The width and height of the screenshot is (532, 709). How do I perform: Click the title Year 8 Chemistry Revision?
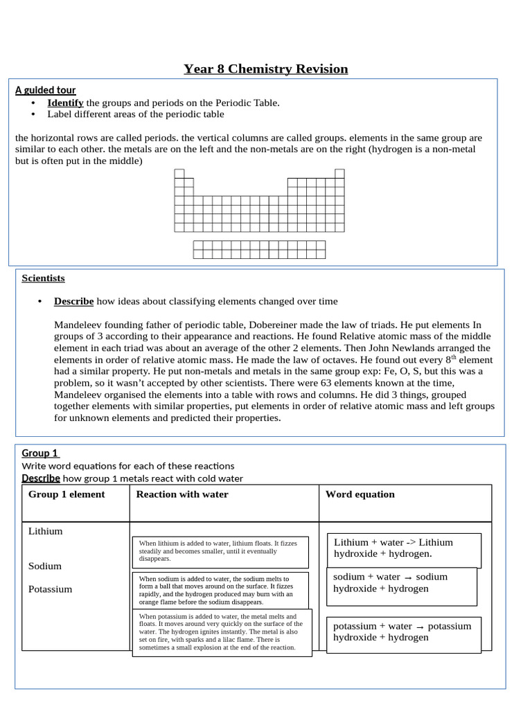[x=265, y=69]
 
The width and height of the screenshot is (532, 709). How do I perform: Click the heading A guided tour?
[x=46, y=90]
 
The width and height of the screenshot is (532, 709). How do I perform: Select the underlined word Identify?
[x=65, y=102]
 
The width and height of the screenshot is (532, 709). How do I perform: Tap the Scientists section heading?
[x=43, y=278]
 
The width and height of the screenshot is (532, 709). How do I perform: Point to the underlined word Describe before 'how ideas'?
[x=73, y=301]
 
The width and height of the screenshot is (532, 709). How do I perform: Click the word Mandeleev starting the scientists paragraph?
[x=80, y=325]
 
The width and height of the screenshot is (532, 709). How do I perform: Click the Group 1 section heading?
[x=39, y=453]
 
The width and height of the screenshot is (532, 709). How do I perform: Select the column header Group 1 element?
[x=66, y=494]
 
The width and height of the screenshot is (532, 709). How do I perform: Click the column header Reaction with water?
[x=182, y=494]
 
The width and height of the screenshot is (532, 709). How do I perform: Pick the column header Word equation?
[x=360, y=494]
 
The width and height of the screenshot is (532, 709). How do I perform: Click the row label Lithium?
[x=45, y=531]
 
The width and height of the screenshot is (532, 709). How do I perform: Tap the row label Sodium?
[x=45, y=566]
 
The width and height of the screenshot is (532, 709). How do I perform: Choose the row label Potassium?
[x=51, y=589]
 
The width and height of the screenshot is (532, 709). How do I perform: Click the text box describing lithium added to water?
[x=220, y=551]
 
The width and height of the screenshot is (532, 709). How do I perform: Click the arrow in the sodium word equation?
[x=408, y=577]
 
